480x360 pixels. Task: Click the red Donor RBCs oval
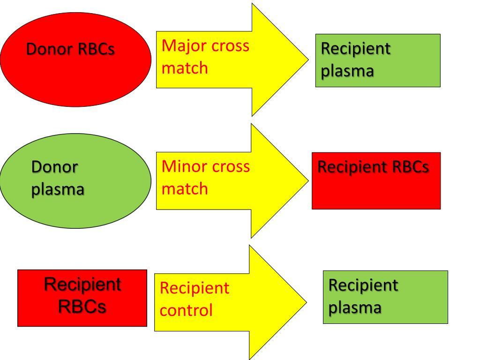click(75, 60)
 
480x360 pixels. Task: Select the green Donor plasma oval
click(75, 180)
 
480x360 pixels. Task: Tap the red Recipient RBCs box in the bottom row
click(82, 298)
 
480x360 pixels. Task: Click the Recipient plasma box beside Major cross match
click(378, 60)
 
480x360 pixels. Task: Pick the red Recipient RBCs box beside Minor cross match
click(376, 181)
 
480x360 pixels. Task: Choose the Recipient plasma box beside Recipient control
click(385, 297)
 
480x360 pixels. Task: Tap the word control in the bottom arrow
click(186, 310)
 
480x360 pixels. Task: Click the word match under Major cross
click(185, 68)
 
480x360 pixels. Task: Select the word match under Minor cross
click(185, 188)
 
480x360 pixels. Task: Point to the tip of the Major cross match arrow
click(308, 60)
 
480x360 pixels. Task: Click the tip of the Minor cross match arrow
click(308, 180)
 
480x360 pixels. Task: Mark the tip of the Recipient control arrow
click(307, 302)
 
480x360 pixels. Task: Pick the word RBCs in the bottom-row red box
click(82, 307)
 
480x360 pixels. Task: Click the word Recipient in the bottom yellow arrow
click(195, 288)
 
